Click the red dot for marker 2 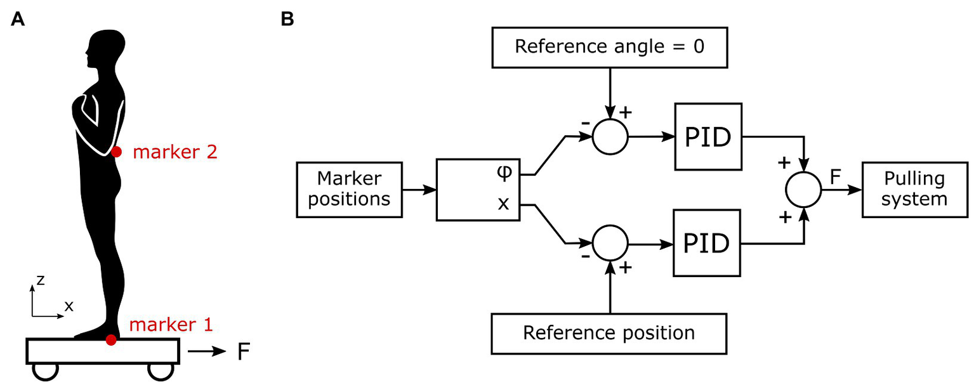tap(116, 152)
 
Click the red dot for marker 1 tap(111, 340)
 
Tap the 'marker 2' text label tap(175, 152)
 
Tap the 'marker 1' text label tap(171, 325)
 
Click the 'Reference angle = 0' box tap(609, 48)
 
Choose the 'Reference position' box tap(609, 332)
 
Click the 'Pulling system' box tap(913, 189)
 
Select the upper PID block tap(708, 136)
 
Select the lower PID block tap(708, 243)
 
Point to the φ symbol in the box tap(505, 173)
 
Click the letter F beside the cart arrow tap(242, 351)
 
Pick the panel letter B tap(287, 20)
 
